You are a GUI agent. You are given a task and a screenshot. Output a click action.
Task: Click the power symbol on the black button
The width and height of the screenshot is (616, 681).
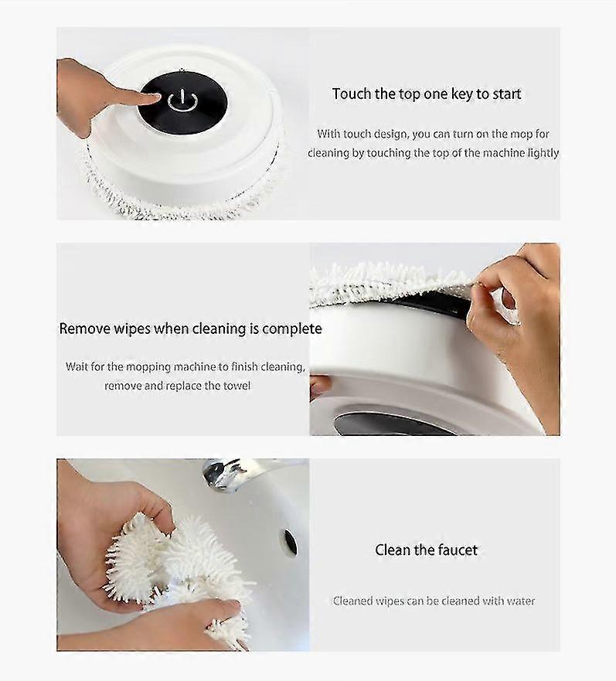(183, 100)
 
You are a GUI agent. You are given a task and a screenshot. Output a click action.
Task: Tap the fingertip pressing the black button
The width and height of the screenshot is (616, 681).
(153, 98)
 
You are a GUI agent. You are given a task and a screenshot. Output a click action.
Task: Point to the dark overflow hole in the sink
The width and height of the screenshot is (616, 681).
(290, 542)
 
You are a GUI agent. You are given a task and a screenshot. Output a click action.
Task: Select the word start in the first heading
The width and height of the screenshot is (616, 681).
(506, 94)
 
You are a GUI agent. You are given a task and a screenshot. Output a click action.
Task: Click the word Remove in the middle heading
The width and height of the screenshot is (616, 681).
(85, 329)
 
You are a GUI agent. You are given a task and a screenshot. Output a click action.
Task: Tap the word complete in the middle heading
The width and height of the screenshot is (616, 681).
(292, 329)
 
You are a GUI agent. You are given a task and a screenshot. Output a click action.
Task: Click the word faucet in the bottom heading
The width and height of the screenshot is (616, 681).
(457, 550)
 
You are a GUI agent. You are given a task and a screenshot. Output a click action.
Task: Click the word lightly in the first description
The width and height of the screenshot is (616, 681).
(543, 153)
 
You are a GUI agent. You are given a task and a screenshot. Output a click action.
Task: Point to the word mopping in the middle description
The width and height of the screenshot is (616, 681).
(148, 367)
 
